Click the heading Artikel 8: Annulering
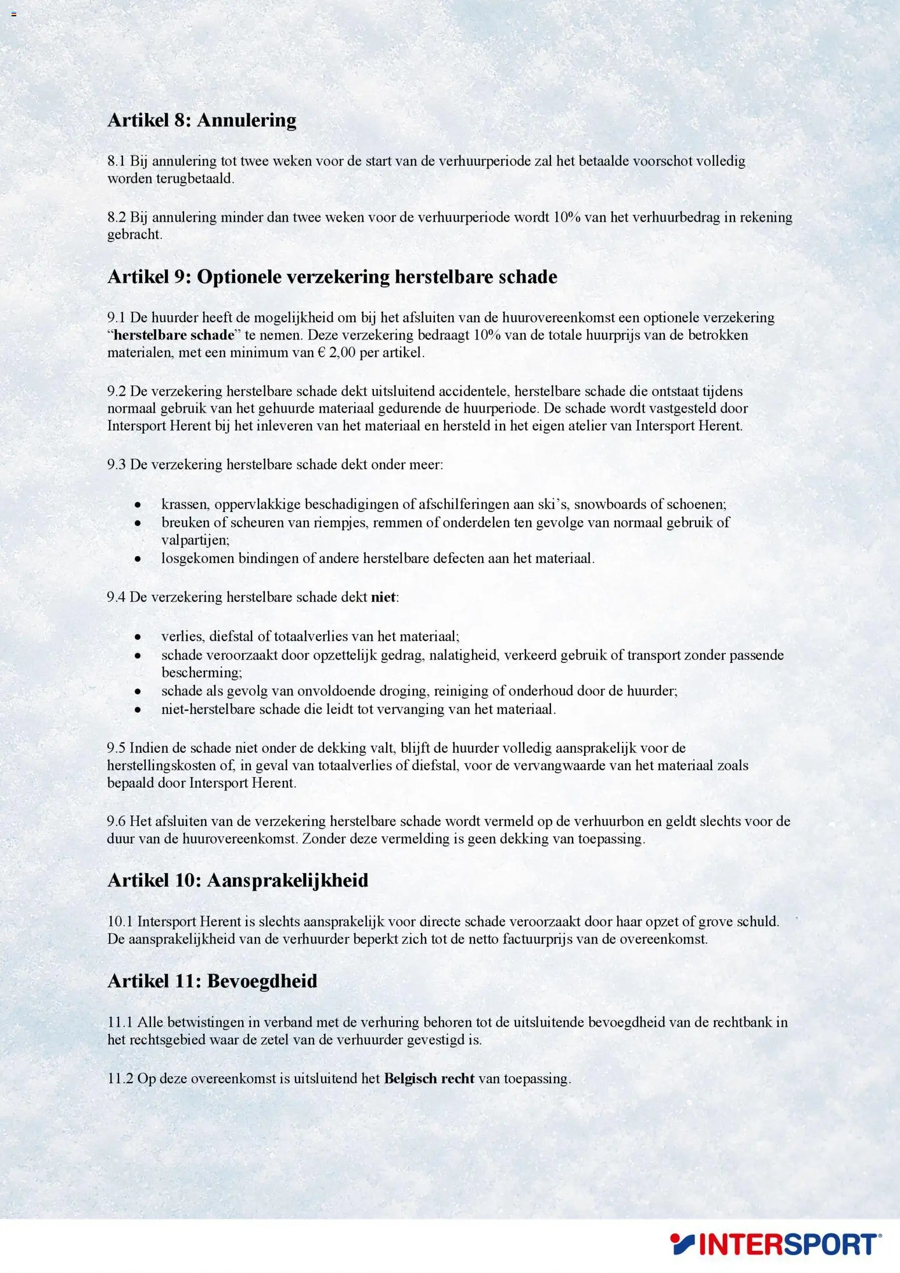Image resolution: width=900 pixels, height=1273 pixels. coord(201,120)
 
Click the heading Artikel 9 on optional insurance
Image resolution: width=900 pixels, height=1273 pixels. coord(332,277)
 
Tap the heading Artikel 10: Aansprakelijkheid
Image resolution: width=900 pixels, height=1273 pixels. coord(237,880)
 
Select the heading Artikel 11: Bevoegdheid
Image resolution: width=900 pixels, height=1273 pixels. coord(212,981)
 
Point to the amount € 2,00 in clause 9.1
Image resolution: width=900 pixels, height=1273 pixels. coord(336,352)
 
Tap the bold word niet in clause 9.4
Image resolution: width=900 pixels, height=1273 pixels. coord(383,597)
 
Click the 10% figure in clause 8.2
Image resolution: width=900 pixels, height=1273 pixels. coord(567,217)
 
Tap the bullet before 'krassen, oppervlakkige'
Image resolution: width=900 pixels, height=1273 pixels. coord(138,504)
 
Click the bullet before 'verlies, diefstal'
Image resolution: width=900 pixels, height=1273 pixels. coord(138,637)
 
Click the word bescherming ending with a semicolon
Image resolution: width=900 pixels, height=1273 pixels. coord(201,673)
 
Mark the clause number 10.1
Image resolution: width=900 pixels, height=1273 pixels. coord(120,921)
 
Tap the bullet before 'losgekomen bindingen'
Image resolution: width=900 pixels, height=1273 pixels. coord(138,558)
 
